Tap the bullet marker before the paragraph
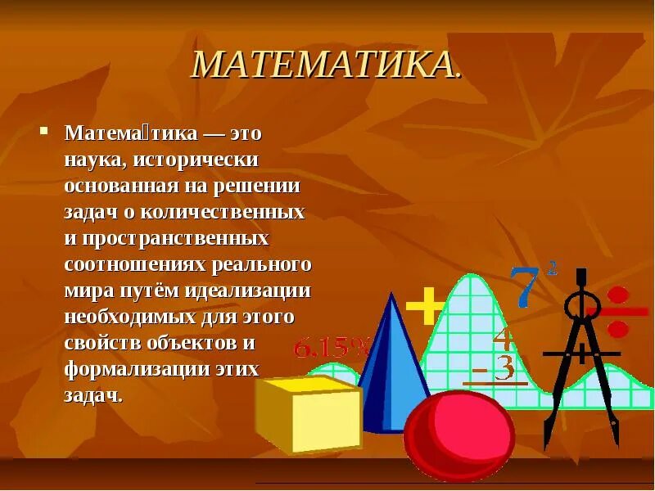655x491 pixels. pos(46,130)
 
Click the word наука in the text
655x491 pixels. pos(93,159)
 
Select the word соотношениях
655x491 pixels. pos(135,264)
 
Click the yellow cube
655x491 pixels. pos(309,413)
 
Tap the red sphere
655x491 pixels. pos(459,433)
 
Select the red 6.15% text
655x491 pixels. pos(332,348)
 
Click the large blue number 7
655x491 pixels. pos(524,286)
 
